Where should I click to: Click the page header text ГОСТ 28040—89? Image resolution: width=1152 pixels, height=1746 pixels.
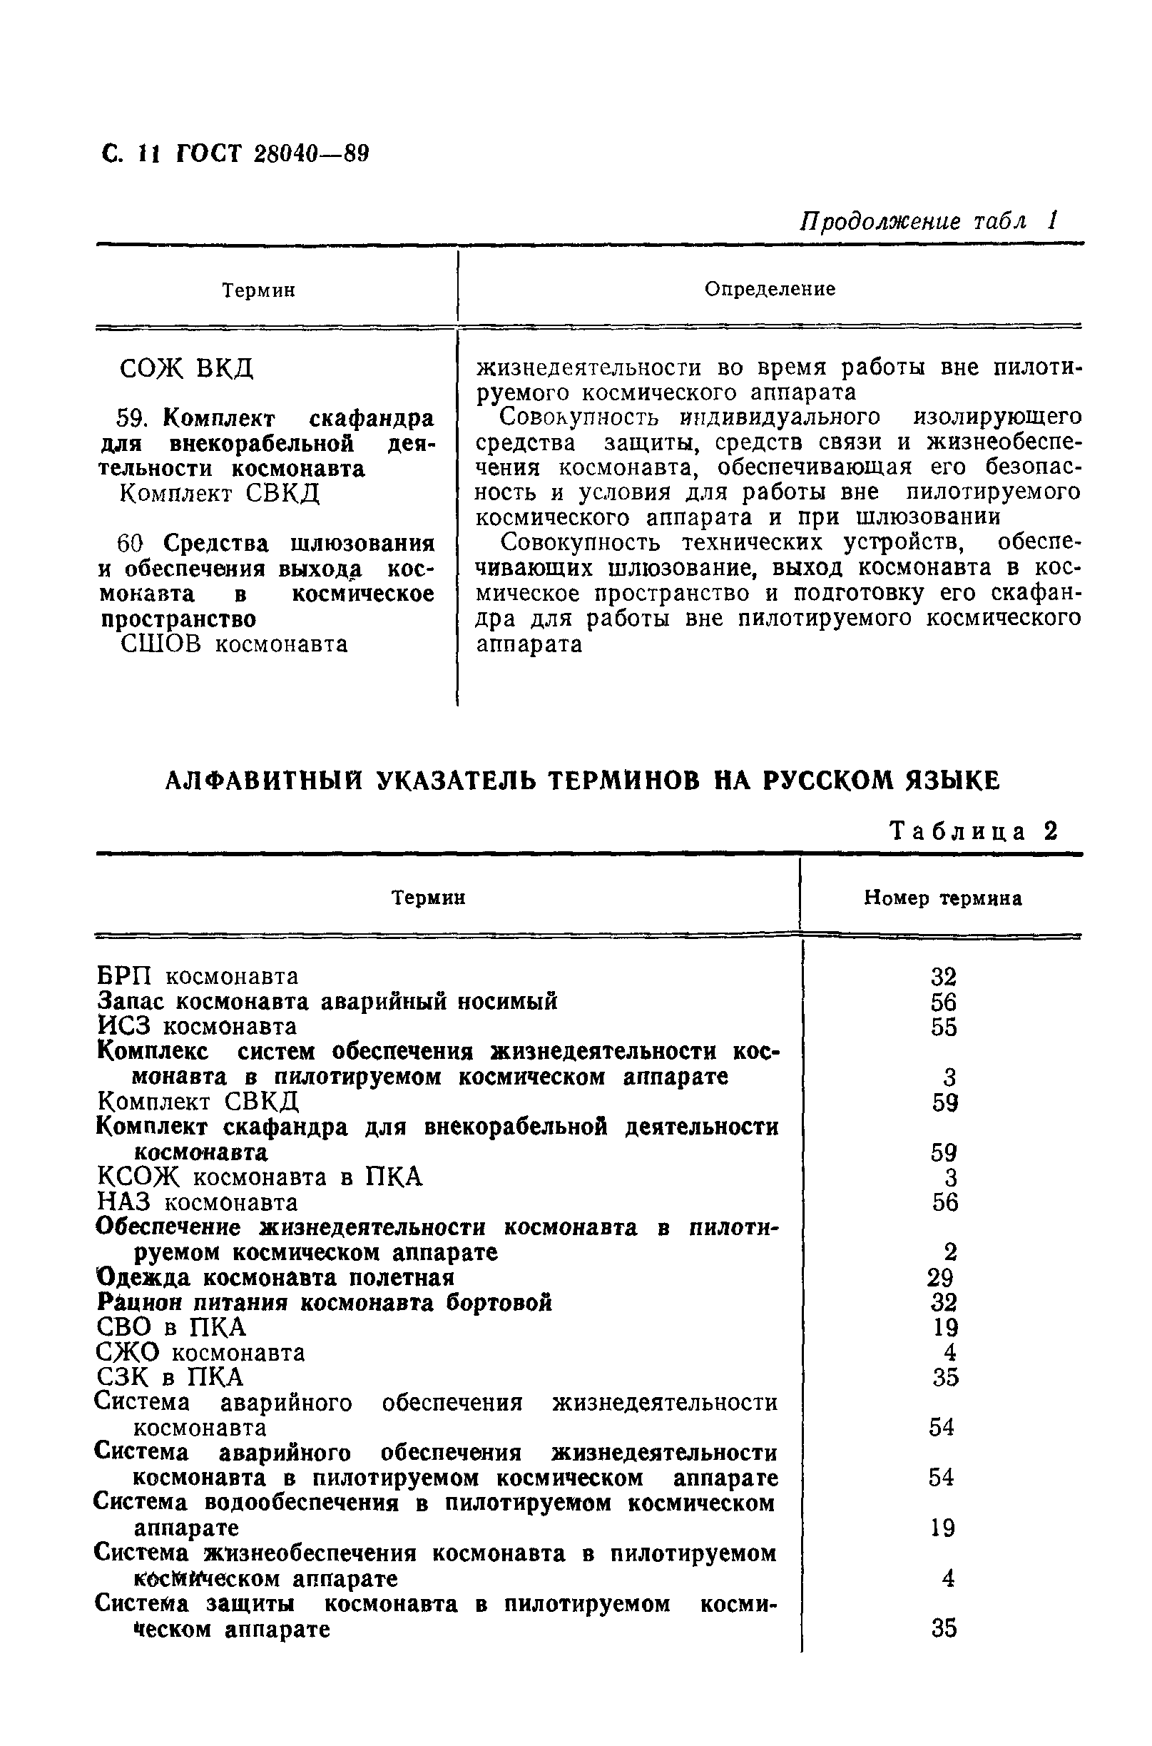[272, 154]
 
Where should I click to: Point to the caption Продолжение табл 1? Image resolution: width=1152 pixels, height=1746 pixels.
[929, 221]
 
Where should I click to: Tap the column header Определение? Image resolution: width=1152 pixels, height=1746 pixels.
[769, 289]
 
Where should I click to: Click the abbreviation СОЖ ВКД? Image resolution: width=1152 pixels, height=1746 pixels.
[186, 367]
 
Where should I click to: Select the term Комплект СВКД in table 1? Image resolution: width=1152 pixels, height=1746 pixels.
[220, 493]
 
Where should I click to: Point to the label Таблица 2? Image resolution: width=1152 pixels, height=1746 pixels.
[974, 831]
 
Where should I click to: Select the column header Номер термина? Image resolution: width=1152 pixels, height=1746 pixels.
[942, 898]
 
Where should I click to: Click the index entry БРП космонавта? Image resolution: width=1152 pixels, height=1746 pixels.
[198, 977]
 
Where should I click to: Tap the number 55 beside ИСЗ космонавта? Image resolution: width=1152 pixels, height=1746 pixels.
[944, 1027]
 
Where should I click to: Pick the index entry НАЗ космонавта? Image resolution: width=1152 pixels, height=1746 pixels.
[198, 1203]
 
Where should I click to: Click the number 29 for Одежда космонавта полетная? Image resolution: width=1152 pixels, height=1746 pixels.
[940, 1278]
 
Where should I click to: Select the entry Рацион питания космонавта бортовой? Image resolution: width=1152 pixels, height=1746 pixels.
[324, 1303]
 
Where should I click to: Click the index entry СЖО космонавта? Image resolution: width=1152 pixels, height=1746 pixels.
[200, 1353]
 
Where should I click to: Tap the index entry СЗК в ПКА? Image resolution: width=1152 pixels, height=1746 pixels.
[170, 1377]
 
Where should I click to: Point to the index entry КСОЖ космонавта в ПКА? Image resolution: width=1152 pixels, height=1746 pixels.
[260, 1178]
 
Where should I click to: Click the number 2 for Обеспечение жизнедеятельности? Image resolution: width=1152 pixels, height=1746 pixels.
[949, 1253]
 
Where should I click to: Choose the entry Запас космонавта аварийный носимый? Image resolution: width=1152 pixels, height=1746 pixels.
[327, 1002]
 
